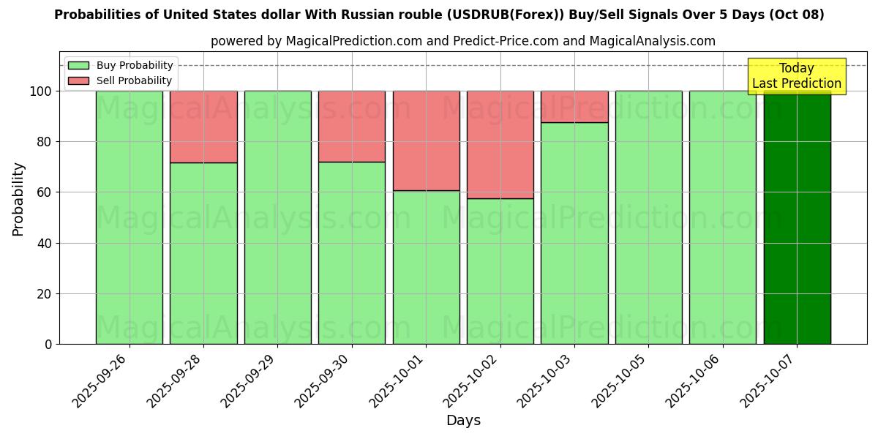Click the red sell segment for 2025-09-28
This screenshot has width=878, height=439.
pos(203,127)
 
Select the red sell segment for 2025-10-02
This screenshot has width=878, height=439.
pos(500,144)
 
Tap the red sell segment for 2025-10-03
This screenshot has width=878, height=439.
pos(574,106)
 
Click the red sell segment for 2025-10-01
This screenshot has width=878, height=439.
pos(426,140)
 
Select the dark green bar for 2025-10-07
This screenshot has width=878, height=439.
pos(797,219)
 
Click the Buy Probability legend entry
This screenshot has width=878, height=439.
pos(121,65)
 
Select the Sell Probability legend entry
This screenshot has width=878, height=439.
pos(120,80)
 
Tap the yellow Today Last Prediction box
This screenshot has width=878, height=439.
pos(796,76)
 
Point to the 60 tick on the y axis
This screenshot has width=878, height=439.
pos(45,192)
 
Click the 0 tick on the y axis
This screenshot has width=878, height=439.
pos(49,344)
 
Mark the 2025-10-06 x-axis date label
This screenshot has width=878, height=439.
pos(694,380)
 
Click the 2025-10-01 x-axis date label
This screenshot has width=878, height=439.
pos(397,380)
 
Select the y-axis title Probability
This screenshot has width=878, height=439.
pos(18,199)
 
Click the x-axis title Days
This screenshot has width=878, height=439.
pos(463,421)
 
